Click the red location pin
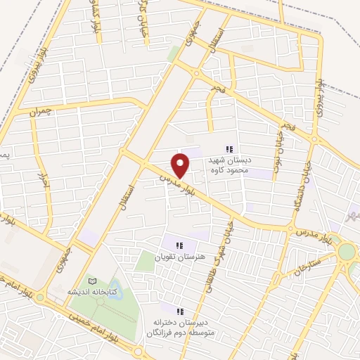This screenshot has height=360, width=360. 181,165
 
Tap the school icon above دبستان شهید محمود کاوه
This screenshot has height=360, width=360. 229,148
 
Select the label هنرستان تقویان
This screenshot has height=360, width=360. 179,257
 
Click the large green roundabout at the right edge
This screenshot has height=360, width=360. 347,251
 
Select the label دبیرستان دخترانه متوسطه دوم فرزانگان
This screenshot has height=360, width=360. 179,326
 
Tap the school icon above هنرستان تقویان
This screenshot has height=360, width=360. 179,245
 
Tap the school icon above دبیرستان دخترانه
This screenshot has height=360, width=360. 179,310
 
